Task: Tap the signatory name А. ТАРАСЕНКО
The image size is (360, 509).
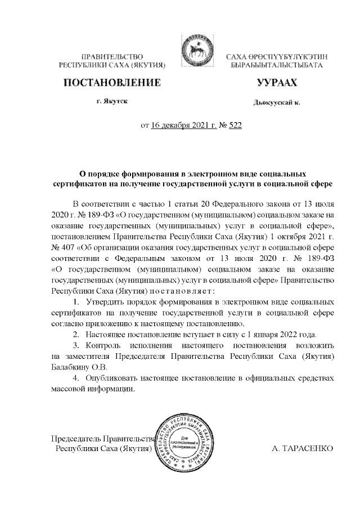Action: [303, 450]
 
